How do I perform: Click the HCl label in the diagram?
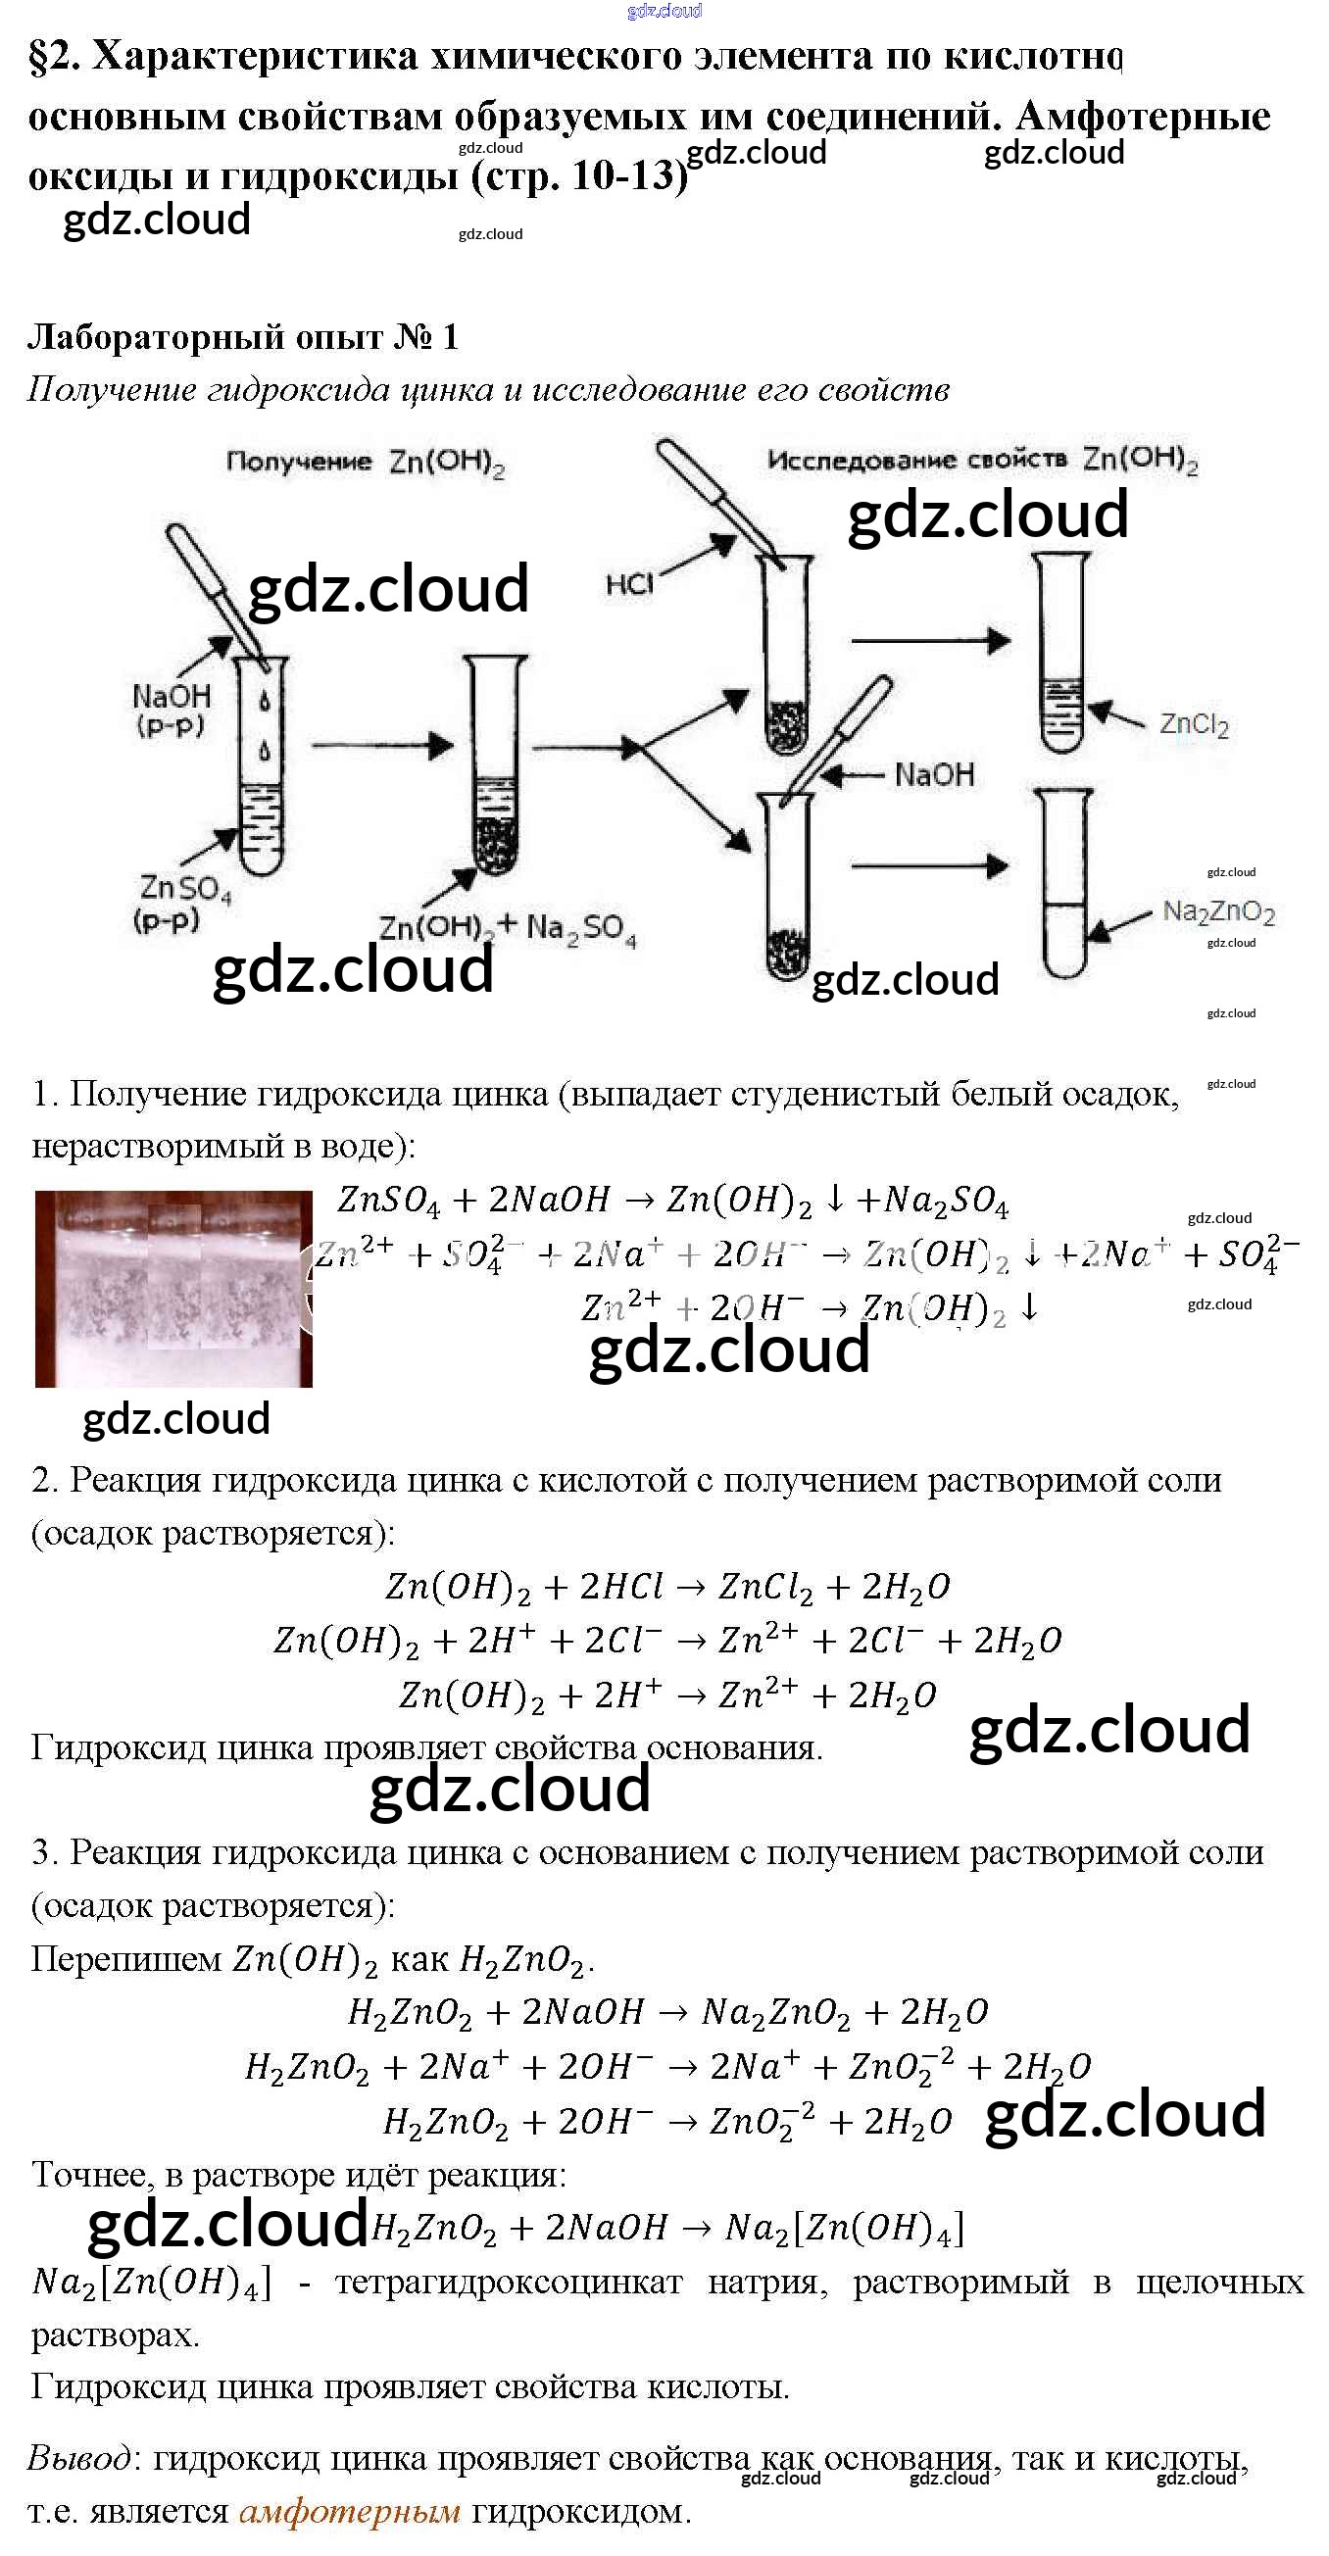coord(629,583)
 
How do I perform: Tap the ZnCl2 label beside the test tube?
coord(1194,724)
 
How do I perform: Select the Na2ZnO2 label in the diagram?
coord(1218,910)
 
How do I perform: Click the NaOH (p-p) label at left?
coord(171,709)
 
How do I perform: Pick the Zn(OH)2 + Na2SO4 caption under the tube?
coord(507,928)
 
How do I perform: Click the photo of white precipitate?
coord(173,1288)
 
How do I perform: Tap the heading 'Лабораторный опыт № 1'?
coord(243,337)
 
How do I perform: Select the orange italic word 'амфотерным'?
coord(349,2511)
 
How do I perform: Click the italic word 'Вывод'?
coord(78,2458)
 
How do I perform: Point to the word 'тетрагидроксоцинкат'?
coord(509,2283)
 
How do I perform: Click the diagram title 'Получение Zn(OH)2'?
coord(366,463)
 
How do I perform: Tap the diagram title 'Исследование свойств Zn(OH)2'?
coord(982,460)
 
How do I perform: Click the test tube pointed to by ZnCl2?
coord(1062,655)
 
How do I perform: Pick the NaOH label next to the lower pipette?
coord(934,774)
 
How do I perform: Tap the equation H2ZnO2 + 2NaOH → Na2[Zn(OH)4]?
coord(667,2228)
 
